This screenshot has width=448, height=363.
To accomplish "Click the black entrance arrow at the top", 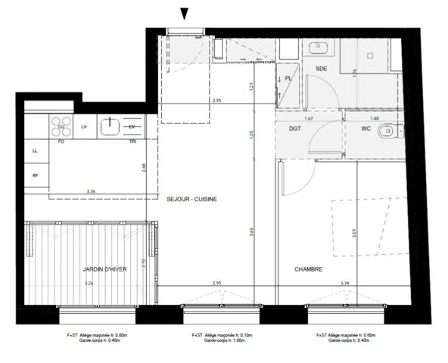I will [184, 13].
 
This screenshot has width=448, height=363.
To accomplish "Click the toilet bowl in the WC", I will [387, 131].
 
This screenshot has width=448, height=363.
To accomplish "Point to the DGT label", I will [295, 129].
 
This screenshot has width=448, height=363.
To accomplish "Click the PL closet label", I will [288, 77].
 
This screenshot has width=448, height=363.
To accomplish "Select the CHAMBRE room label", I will [309, 268].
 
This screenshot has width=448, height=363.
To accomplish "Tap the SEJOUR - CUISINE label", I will [192, 199].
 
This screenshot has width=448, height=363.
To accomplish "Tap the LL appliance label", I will [35, 151].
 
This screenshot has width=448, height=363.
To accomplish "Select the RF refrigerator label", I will [35, 176].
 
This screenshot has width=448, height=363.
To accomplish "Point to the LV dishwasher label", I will [84, 126].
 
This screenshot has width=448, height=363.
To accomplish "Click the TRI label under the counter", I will [132, 141].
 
